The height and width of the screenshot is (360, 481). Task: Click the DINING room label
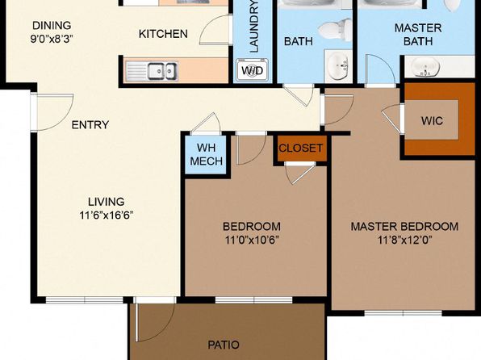point(52,26)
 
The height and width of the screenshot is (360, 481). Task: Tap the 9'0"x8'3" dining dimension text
point(52,39)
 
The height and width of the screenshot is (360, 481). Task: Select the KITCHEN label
point(163,34)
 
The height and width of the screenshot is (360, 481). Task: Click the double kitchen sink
point(162,71)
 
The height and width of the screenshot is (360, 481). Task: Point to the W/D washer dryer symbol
point(252,70)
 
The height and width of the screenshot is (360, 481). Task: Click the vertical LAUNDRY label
point(254,27)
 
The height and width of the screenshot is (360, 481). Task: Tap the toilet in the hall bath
point(335,30)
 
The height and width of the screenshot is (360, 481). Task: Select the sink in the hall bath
point(338,65)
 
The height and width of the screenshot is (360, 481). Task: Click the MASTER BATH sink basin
point(425,67)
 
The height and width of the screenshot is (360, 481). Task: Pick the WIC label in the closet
point(432,120)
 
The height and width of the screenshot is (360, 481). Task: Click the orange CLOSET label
point(300,149)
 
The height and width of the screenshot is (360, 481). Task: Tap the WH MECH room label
point(206,154)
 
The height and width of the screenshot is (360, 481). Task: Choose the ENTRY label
point(90,124)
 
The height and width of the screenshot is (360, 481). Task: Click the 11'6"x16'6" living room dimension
point(107,216)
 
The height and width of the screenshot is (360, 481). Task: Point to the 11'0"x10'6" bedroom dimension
point(252,240)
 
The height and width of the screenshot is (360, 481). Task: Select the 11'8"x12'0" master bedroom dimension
point(405,240)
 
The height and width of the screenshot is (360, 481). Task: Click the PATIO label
point(224,345)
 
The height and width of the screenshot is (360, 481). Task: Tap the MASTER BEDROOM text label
point(404,227)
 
